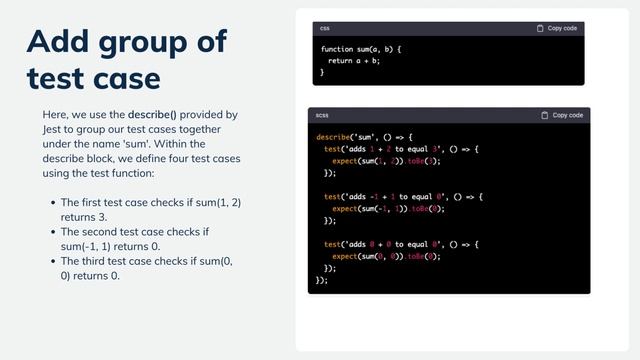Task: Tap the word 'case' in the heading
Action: click(x=124, y=77)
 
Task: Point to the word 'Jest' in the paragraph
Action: click(x=54, y=129)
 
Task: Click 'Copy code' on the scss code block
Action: click(x=562, y=115)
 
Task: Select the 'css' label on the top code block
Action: click(x=325, y=28)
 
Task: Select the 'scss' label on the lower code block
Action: click(x=322, y=115)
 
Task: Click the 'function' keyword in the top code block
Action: click(x=337, y=49)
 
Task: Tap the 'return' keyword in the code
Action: click(x=342, y=61)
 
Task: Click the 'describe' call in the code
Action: click(x=333, y=137)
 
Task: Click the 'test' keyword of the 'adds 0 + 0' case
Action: click(x=332, y=244)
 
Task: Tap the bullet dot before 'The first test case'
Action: click(x=52, y=202)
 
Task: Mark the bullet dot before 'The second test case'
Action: click(x=52, y=232)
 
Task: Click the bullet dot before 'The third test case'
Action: click(x=52, y=262)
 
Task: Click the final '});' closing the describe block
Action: click(x=322, y=280)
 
